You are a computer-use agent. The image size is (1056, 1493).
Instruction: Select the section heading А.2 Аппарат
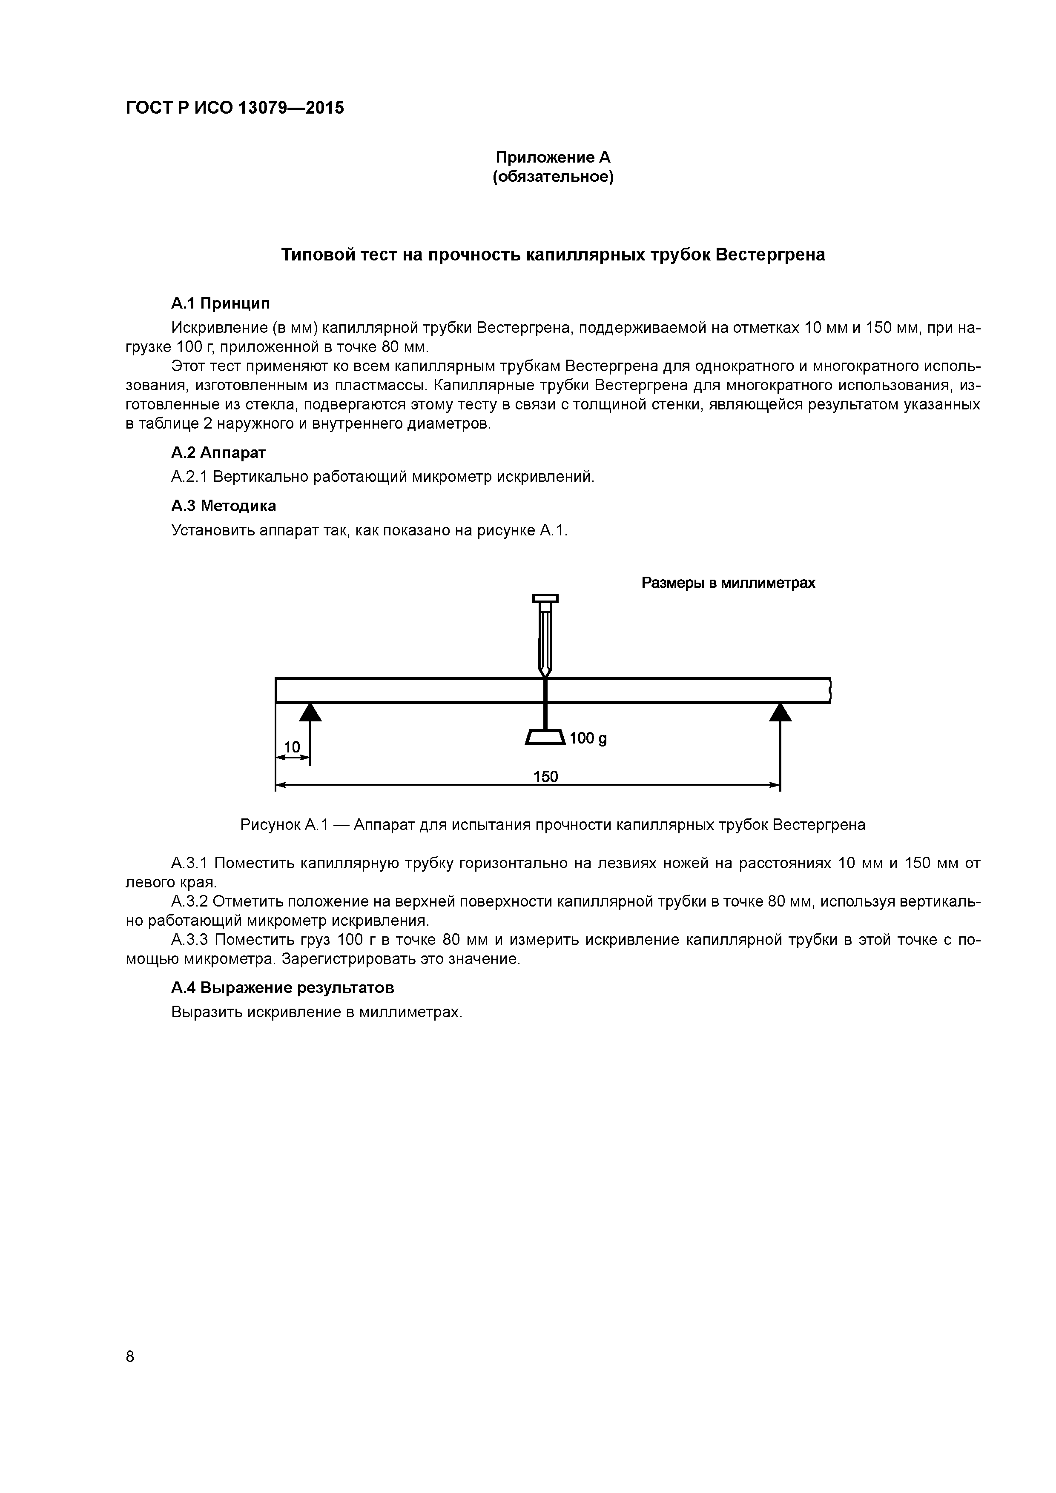point(218,452)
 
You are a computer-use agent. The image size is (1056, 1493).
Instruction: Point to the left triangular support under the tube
point(310,713)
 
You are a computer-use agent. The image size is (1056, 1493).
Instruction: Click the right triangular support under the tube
point(780,713)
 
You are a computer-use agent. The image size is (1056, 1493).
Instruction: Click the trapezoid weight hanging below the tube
point(545,738)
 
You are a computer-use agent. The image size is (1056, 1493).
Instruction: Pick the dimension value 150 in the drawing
point(545,776)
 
